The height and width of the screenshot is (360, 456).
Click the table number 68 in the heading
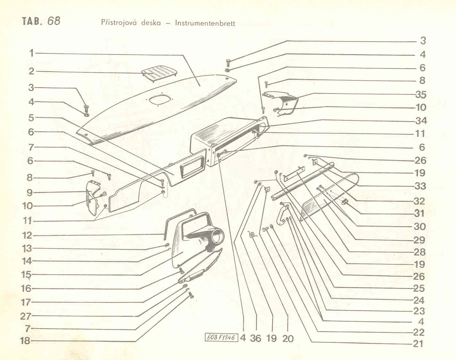pyautogui.click(x=54, y=21)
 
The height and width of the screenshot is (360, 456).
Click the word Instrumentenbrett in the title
pyautogui.click(x=205, y=23)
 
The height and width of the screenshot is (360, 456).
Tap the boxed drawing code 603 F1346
pyautogui.click(x=221, y=337)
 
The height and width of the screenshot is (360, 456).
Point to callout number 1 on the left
pyautogui.click(x=32, y=53)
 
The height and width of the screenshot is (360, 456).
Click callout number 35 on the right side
pyautogui.click(x=421, y=95)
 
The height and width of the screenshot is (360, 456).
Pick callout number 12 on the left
pyautogui.click(x=27, y=235)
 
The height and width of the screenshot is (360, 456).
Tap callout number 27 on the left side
pyautogui.click(x=26, y=316)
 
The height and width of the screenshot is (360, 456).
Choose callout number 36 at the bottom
pyautogui.click(x=255, y=338)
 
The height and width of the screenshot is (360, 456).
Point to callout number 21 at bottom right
pyautogui.click(x=418, y=344)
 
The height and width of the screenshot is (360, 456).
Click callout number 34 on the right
pyautogui.click(x=421, y=121)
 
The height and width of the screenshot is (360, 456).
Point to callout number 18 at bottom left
pyautogui.click(x=25, y=341)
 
